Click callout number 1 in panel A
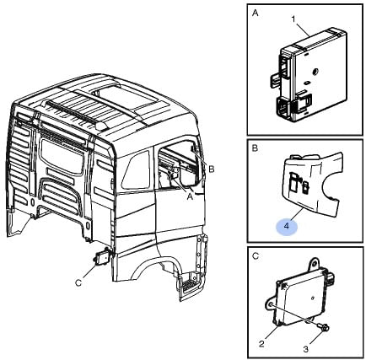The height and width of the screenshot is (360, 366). click(x=293, y=19)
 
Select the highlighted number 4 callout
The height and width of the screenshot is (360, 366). click(x=287, y=226)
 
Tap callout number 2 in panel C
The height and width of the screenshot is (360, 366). click(x=261, y=344)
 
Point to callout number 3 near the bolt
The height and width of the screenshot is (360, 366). click(x=306, y=349)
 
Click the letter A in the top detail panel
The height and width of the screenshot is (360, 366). click(x=256, y=13)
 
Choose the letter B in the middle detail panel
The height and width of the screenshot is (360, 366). click(x=255, y=148)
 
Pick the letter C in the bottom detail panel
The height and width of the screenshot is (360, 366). click(x=256, y=256)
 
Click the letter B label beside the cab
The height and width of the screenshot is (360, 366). click(x=212, y=169)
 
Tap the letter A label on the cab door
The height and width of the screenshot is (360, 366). click(x=191, y=197)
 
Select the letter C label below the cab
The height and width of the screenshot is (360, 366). click(x=78, y=283)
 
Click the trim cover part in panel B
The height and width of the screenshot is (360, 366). click(x=312, y=184)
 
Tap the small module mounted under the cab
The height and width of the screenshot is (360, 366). click(x=102, y=256)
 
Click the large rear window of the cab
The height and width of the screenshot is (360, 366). click(x=62, y=157)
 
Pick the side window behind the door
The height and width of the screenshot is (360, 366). click(x=136, y=170)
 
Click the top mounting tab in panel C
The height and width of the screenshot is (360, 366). click(x=314, y=264)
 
